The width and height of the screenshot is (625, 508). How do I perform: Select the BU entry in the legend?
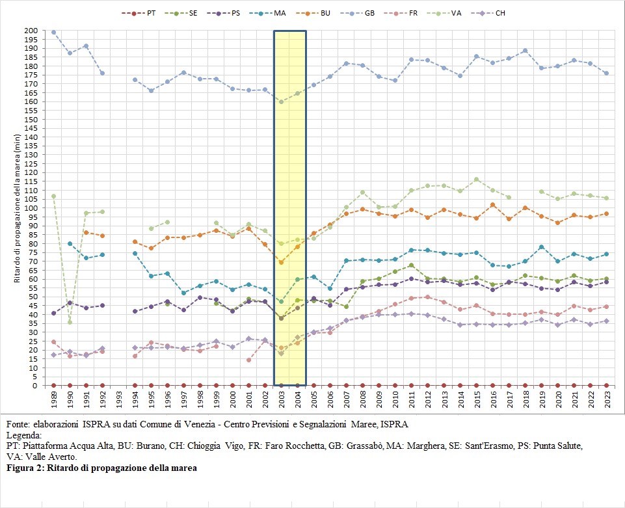pyautogui.click(x=313, y=13)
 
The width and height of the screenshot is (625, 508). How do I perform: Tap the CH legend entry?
pyautogui.click(x=488, y=13)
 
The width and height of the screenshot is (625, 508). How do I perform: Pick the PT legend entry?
pyautogui.click(x=139, y=13)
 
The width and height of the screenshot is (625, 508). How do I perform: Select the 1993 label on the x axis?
pyautogui.click(x=119, y=399)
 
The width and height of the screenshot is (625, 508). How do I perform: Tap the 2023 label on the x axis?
pyautogui.click(x=607, y=399)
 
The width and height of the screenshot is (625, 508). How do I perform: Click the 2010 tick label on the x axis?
pyautogui.click(x=395, y=399)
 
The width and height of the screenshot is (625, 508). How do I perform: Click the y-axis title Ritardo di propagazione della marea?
pyautogui.click(x=17, y=208)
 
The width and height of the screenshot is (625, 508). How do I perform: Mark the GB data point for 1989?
pyautogui.click(x=54, y=33)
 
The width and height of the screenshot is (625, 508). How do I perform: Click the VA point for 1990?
pyautogui.click(x=70, y=322)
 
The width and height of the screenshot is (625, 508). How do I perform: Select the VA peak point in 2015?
pyautogui.click(x=476, y=180)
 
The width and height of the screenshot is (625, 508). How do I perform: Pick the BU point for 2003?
pyautogui.click(x=282, y=262)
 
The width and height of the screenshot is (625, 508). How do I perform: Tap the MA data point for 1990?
pyautogui.click(x=70, y=244)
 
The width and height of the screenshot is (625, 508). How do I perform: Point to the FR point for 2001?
pyautogui.click(x=248, y=360)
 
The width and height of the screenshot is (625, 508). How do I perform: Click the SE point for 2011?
pyautogui.click(x=411, y=265)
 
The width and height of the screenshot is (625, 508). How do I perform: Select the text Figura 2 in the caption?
pyautogui.click(x=25, y=468)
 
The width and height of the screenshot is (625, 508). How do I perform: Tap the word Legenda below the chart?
pyautogui.click(x=24, y=435)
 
